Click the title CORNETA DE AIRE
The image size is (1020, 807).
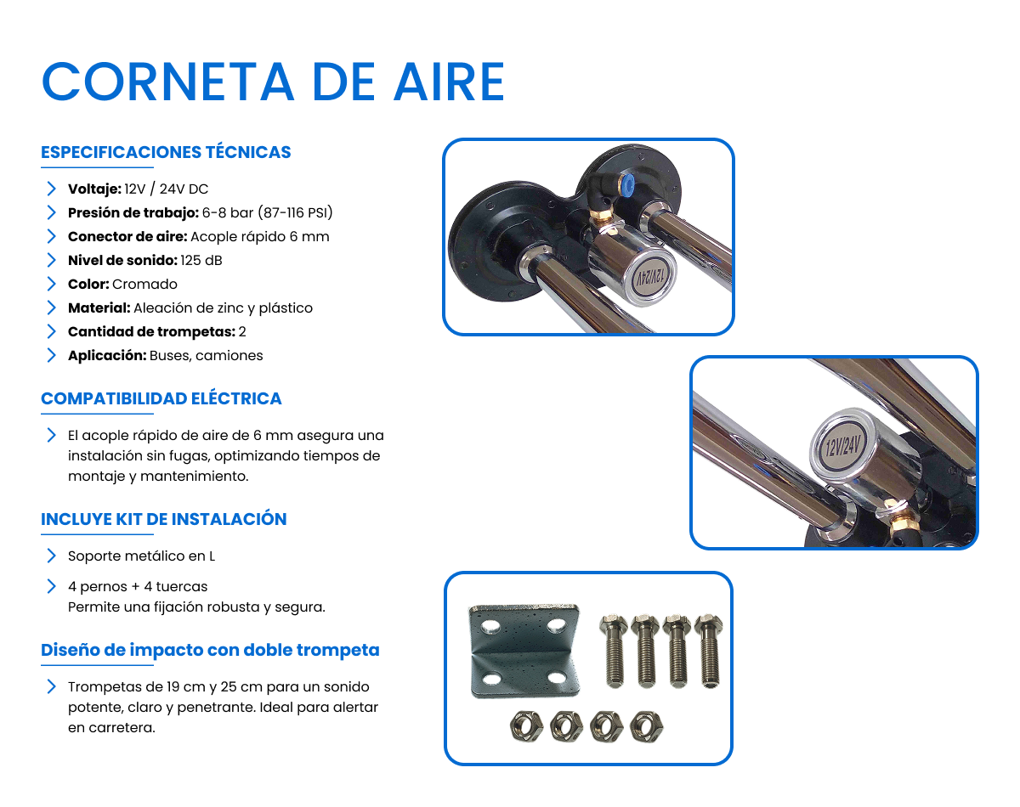273,82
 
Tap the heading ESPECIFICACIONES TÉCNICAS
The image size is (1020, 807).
166,152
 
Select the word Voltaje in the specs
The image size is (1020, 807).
94,189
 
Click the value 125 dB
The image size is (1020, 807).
201,260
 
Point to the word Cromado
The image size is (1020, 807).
144,284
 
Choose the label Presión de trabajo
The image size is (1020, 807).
133,212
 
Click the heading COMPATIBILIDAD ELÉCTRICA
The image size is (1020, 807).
161,398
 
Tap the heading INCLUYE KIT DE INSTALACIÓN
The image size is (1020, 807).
163,519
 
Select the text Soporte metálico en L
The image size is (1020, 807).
141,556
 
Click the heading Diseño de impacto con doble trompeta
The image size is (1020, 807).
210,650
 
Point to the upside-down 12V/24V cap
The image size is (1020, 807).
649,277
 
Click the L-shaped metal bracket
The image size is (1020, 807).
524,651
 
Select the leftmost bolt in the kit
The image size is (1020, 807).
614,651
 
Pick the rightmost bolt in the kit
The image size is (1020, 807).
709,651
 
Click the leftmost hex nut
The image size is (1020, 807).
525,726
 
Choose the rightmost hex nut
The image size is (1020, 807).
647,726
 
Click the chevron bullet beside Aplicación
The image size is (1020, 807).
51,355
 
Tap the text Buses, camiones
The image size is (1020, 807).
207,355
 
